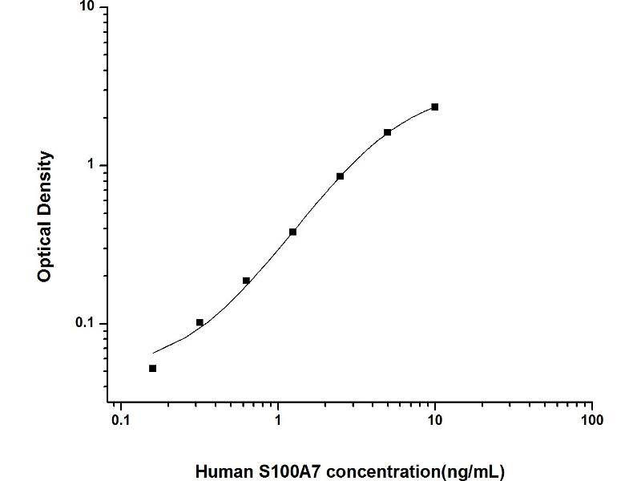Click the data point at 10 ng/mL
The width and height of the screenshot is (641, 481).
pos(434,107)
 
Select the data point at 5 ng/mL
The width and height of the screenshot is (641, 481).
pos(388,132)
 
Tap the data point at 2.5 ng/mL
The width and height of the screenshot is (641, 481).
pos(341,176)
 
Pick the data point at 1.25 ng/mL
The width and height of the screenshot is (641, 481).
pos(293,232)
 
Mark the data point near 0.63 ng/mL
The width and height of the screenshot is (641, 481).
pos(246,281)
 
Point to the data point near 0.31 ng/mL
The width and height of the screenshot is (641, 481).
pos(200,322)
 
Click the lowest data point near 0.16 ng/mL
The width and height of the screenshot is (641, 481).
pos(152,368)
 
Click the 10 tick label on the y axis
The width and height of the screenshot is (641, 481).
pos(87,8)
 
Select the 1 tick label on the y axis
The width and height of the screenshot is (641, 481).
pos(91,165)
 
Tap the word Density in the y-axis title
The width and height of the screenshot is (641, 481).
pos(46,180)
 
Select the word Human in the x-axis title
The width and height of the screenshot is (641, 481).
pos(220,471)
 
